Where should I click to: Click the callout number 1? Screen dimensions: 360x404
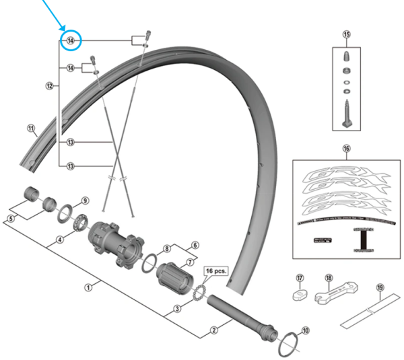click(x=88, y=287)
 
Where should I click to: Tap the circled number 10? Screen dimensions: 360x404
click(x=306, y=330)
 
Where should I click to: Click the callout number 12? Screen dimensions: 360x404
click(x=49, y=86)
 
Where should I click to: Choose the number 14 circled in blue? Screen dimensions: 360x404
click(x=70, y=41)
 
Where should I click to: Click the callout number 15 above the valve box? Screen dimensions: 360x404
click(x=347, y=34)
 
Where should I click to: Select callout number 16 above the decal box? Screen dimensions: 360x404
click(x=346, y=148)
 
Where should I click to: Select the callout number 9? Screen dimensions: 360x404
click(x=85, y=201)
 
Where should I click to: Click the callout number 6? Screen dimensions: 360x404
click(x=196, y=246)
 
